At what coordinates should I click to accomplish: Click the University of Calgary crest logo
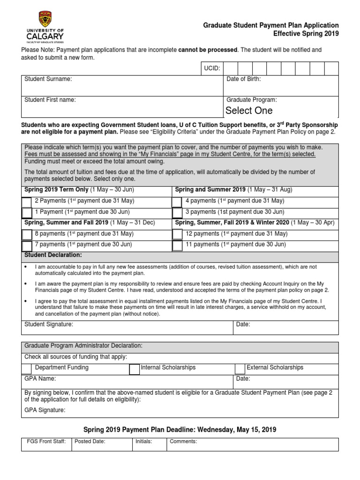45,19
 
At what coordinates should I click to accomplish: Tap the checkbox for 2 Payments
27,202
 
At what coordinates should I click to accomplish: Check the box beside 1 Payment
27,212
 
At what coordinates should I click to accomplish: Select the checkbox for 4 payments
177,202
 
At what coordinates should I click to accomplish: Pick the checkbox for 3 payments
177,212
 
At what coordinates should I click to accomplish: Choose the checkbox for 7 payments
27,245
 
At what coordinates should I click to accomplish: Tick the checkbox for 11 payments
177,245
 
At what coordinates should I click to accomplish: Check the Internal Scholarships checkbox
134,368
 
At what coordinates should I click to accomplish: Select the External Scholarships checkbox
240,368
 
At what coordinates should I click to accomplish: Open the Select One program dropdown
249,111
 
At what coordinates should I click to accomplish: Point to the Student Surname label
48,79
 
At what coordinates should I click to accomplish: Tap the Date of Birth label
244,79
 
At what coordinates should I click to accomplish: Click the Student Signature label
49,324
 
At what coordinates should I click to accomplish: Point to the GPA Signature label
45,410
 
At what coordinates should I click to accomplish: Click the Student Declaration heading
53,255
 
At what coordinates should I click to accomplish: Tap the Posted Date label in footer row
90,441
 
